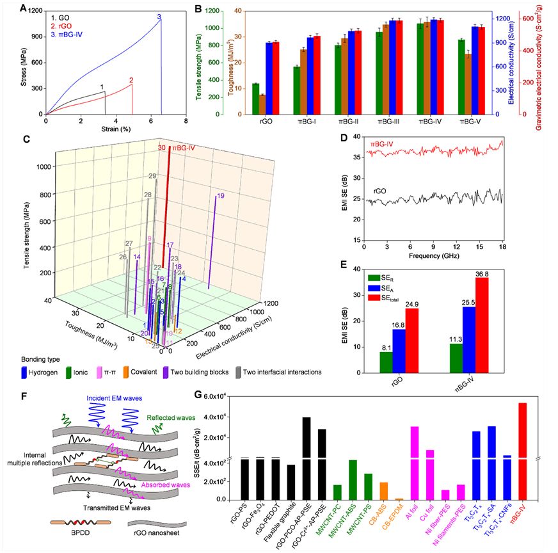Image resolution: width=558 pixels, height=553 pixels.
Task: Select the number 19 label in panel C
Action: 220,195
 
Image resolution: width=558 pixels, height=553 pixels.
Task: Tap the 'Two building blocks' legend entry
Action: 231,372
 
